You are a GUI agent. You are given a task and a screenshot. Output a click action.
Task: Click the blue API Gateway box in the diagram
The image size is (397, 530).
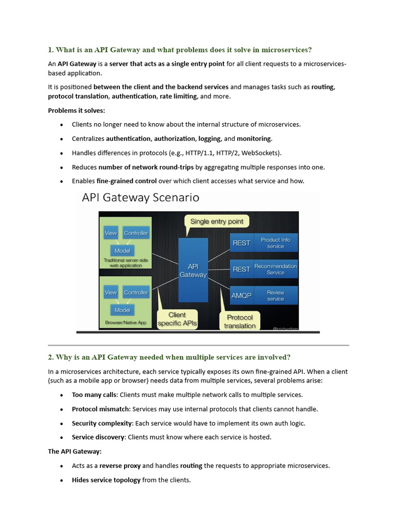pos(193,267)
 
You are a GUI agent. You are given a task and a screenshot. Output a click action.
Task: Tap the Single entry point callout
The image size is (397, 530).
pos(217,222)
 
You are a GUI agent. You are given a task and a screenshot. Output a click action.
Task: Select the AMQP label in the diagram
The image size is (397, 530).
pos(241,296)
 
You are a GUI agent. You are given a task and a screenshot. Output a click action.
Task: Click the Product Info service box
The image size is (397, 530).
pos(276,243)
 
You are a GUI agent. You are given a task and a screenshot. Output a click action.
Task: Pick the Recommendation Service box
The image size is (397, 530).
pos(276,269)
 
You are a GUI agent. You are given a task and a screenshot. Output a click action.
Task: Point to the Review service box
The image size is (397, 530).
pos(276,296)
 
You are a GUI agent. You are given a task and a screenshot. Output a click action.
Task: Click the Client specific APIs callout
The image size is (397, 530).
pos(177,319)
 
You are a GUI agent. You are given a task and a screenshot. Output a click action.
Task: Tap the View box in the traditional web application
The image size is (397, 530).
pos(111,233)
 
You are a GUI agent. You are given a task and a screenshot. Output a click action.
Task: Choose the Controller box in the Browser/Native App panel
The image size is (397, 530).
pos(136,292)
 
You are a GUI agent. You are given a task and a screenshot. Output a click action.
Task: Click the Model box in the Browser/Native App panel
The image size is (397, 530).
pos(123,310)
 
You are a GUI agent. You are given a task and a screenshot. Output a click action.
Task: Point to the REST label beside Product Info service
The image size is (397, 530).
pos(241,243)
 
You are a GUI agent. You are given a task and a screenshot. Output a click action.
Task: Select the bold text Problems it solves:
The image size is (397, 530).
pos(77,110)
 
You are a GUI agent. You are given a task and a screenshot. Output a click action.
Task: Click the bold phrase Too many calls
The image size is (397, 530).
pos(95,395)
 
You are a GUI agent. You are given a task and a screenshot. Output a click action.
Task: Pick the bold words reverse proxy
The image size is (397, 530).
pos(120,465)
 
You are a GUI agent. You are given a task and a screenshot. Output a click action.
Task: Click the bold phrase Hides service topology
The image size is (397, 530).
pos(106,480)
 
